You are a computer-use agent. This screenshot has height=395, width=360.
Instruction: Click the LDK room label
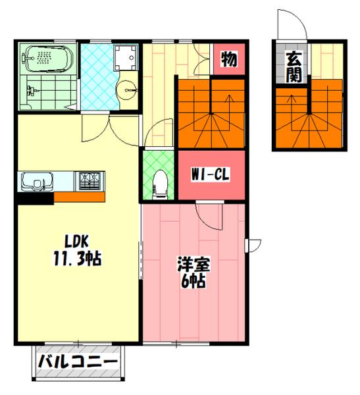click(x=76, y=242)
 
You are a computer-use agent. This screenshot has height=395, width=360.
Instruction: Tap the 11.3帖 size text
click(x=78, y=259)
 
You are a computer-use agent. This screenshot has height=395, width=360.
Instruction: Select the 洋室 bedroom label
click(x=193, y=264)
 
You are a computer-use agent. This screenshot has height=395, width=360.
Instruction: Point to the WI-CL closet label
click(x=210, y=174)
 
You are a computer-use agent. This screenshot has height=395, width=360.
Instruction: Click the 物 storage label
click(x=229, y=59)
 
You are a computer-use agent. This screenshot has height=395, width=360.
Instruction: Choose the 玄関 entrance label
click(x=294, y=66)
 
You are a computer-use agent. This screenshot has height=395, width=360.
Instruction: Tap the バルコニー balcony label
click(x=78, y=362)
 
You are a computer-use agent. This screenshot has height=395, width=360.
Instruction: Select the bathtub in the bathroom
click(x=48, y=59)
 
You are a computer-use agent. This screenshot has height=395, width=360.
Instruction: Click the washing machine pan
click(x=126, y=58)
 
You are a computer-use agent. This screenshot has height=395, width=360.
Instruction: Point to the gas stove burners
click(x=90, y=180)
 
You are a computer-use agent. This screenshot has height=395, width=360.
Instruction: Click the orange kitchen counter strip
click(x=80, y=197)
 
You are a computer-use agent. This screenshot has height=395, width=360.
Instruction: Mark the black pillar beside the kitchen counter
click(x=36, y=198)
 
